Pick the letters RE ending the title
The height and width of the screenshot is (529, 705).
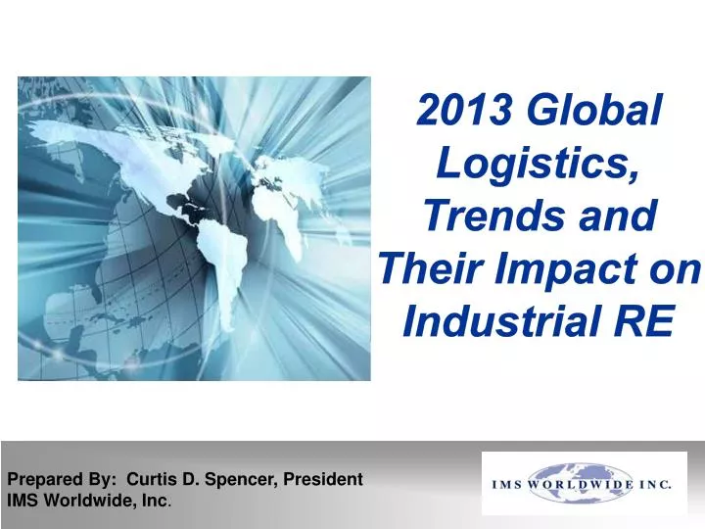tap(648, 317)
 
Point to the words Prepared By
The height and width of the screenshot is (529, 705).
tap(62, 480)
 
